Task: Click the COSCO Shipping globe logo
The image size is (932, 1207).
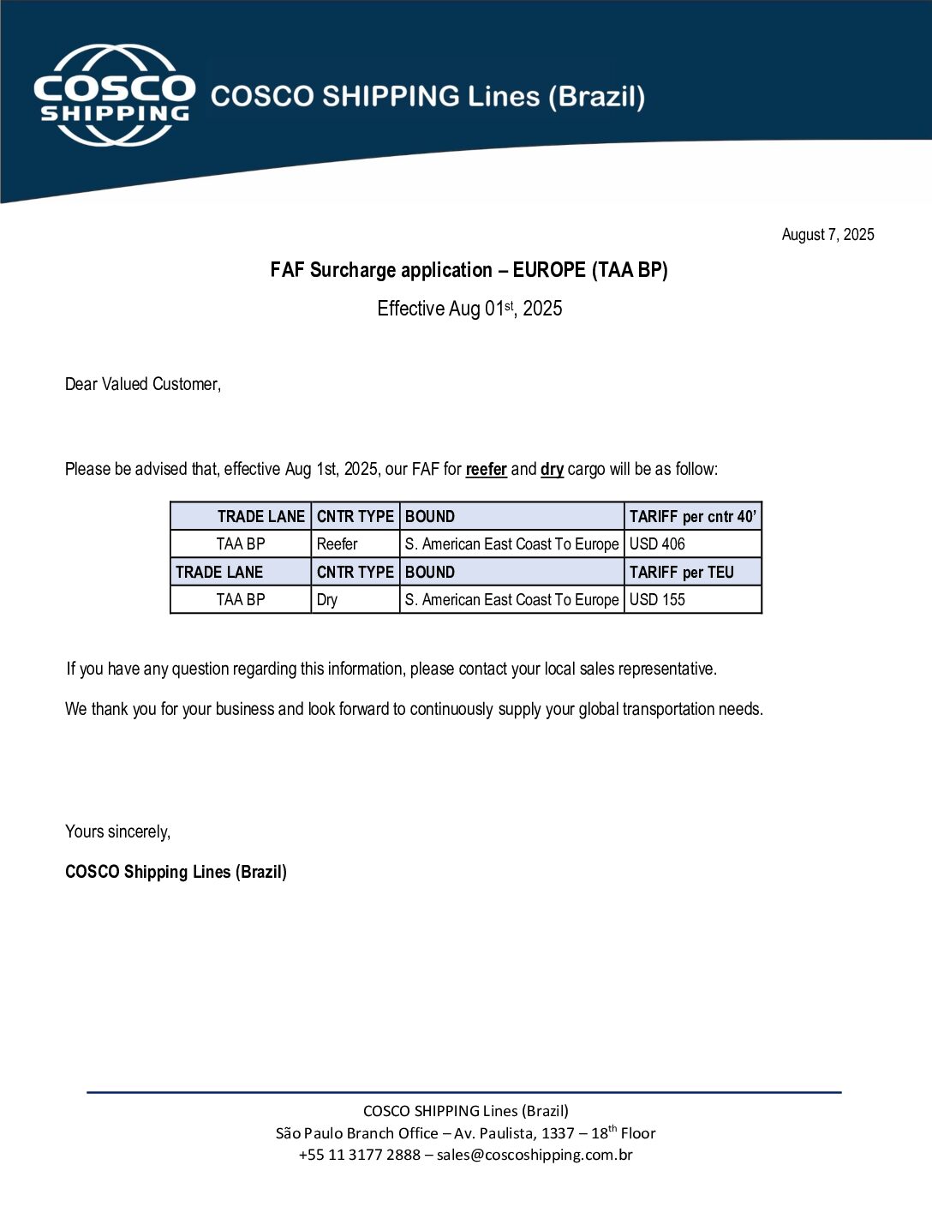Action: click(114, 95)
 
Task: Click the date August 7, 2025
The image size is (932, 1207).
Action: click(827, 235)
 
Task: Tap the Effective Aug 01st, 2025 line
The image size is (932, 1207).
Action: click(469, 309)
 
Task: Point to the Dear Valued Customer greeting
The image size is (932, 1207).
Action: click(143, 384)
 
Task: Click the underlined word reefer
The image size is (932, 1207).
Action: click(486, 469)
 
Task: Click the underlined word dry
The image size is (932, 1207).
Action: click(552, 469)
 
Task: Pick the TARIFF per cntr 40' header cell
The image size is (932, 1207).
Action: click(692, 516)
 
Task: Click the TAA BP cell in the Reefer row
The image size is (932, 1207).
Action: click(241, 543)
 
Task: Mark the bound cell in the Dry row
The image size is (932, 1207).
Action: click(511, 599)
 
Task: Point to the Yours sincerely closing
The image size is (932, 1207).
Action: click(117, 832)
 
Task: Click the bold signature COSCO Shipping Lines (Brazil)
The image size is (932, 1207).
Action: click(176, 872)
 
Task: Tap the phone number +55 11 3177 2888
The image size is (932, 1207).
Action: click(359, 1155)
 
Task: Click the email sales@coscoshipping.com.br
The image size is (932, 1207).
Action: click(535, 1155)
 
